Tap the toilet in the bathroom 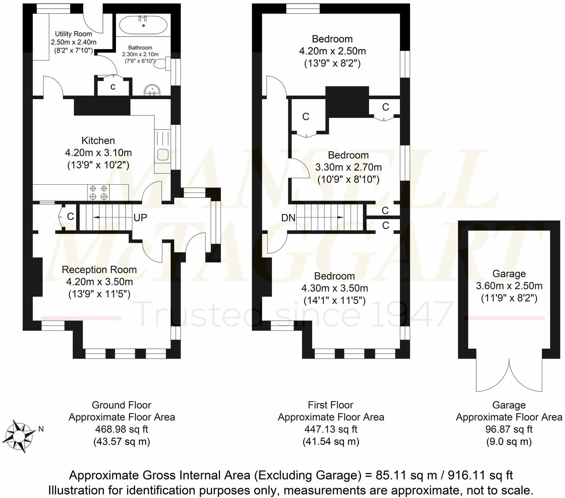pyautogui.click(x=162, y=64)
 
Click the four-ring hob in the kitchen pyautogui.click(x=99, y=192)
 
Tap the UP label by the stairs pyautogui.click(x=141, y=218)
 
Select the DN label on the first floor pyautogui.click(x=288, y=218)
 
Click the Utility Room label pyautogui.click(x=74, y=34)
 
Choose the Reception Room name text pyautogui.click(x=99, y=270)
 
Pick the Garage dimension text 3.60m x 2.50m pyautogui.click(x=509, y=286)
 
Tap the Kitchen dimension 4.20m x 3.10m pyautogui.click(x=98, y=153)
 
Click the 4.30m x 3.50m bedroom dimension pyautogui.click(x=334, y=288)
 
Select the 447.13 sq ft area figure pyautogui.click(x=331, y=429)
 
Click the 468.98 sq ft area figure pyautogui.click(x=122, y=429)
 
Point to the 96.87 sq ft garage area pyautogui.click(x=509, y=429)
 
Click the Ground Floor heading pyautogui.click(x=122, y=405)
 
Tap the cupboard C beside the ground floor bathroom pyautogui.click(x=113, y=87)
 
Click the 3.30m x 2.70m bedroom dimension pyautogui.click(x=348, y=167)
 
